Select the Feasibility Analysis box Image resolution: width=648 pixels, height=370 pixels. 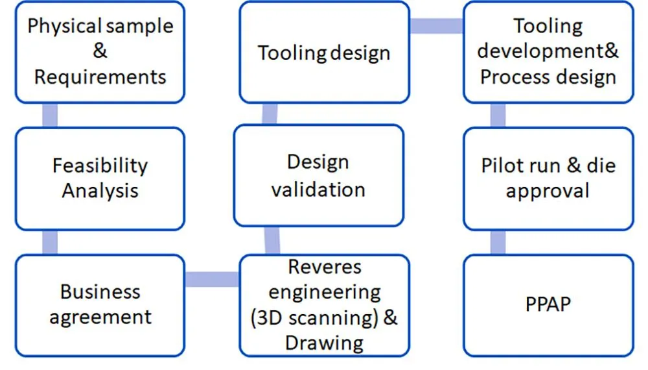click(x=100, y=179)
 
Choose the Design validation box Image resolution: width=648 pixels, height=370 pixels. click(x=318, y=176)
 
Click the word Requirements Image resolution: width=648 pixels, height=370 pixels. click(x=100, y=77)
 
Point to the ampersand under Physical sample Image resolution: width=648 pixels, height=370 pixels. click(x=100, y=51)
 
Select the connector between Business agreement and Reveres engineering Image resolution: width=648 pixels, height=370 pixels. click(x=212, y=279)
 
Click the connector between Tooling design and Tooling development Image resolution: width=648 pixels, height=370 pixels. click(x=436, y=26)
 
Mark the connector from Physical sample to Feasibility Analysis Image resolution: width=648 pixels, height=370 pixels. click(x=49, y=115)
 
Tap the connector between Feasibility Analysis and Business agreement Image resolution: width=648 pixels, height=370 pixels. click(x=49, y=242)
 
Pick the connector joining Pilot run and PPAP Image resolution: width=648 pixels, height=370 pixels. click(x=498, y=242)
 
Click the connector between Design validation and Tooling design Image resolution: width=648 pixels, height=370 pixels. click(x=270, y=114)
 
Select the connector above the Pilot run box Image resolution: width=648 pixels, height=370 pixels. click(x=498, y=115)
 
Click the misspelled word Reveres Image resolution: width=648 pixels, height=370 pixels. click(x=325, y=267)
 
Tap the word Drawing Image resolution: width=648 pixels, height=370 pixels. click(x=324, y=342)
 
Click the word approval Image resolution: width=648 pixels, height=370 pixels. click(x=548, y=191)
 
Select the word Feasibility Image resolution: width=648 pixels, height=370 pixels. click(x=100, y=166)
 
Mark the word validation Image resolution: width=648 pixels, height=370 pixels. click(x=318, y=189)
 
